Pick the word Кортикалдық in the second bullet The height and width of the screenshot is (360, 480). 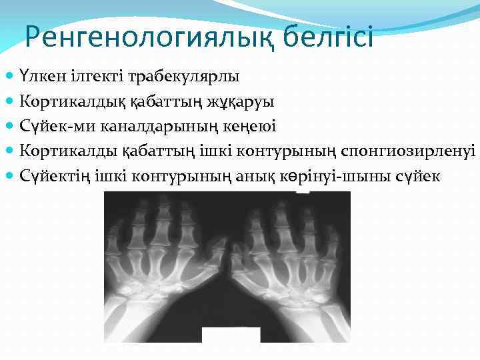[62, 101]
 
